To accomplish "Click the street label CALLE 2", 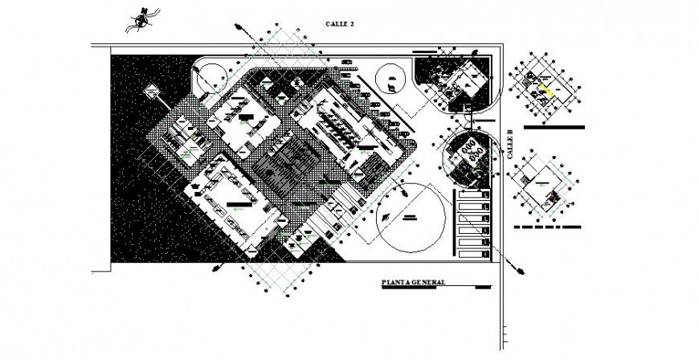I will [340, 25].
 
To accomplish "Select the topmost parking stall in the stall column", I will [473, 195].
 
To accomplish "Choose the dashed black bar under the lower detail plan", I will [546, 227].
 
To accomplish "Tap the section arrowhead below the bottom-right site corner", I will [521, 271].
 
